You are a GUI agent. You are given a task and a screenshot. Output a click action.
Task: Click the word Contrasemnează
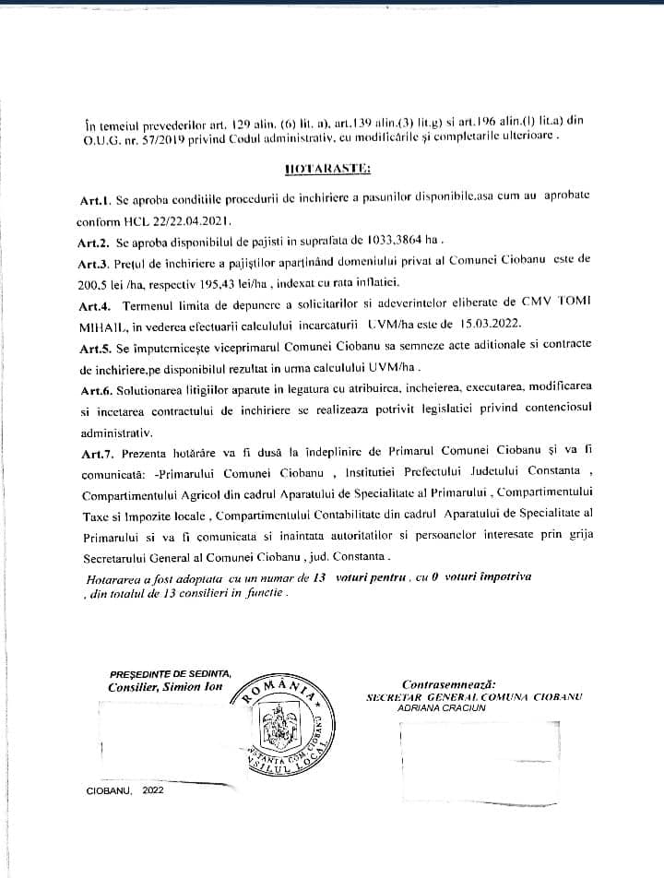(x=448, y=684)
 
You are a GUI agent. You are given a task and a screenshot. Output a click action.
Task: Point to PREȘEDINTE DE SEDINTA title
(x=171, y=672)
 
